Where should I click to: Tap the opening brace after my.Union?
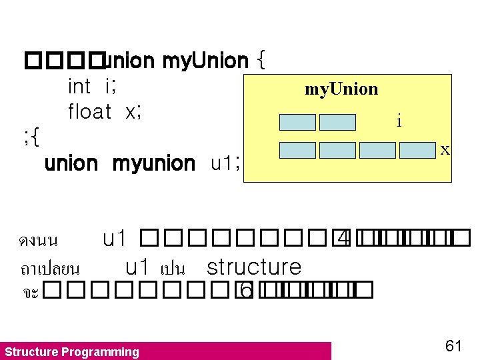point(261,61)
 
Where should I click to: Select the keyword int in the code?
point(79,87)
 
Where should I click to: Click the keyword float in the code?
point(89,112)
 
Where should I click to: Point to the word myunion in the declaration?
point(153,163)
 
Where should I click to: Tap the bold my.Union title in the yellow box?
point(341,89)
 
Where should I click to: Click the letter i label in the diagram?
point(399,121)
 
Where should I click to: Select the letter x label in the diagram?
point(445,151)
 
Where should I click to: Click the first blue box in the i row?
point(297,122)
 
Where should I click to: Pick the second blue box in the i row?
point(337,122)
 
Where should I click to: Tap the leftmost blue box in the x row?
point(297,150)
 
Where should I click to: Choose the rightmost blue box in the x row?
point(417,150)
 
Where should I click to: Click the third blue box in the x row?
point(377,150)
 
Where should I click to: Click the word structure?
point(254,267)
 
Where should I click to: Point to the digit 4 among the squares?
point(343,238)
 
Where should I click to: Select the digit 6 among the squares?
point(245,290)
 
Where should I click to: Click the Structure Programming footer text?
point(72,352)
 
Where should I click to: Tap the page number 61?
point(453,345)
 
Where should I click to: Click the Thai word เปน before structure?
point(172,269)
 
